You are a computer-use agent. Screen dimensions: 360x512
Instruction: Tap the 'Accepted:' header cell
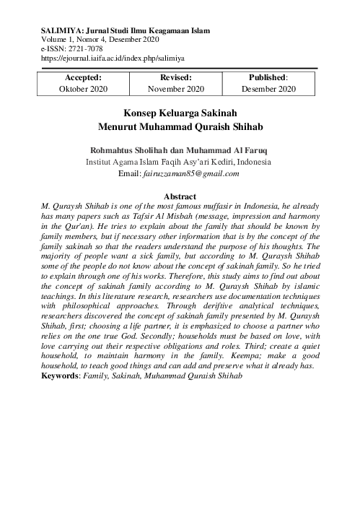[x=83, y=77]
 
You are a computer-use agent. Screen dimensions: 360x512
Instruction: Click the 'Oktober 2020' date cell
[x=83, y=89]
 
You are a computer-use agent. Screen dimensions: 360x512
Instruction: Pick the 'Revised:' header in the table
[x=176, y=77]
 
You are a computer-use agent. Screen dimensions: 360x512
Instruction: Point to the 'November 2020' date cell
[x=176, y=89]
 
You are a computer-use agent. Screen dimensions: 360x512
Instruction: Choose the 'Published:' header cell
[x=268, y=77]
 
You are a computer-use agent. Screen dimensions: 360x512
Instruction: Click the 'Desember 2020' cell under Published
[x=268, y=89]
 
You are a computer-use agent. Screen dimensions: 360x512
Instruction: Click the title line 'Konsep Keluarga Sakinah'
[x=180, y=113]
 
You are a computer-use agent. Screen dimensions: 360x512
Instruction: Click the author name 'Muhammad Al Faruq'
[x=227, y=150]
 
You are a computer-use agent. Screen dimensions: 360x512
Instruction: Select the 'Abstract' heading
[x=180, y=196]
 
